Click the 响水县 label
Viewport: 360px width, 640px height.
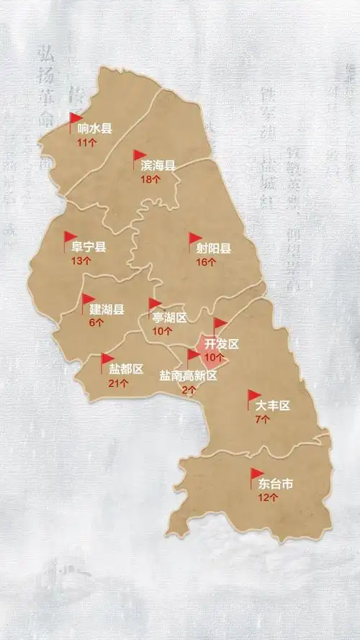(95, 130)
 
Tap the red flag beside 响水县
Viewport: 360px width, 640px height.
(75, 119)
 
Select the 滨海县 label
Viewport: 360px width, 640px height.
(158, 166)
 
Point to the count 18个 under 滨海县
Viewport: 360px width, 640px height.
(150, 179)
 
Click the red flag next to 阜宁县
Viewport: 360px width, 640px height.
(69, 238)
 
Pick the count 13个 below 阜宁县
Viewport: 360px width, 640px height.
(81, 261)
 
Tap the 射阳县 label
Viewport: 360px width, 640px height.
(214, 249)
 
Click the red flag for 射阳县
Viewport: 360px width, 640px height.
(194, 239)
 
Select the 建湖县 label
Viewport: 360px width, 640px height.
(107, 310)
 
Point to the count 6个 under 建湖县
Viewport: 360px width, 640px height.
(96, 323)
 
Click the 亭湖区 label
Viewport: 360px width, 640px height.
(169, 317)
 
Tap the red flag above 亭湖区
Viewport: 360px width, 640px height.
(154, 304)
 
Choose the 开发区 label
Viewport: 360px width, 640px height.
(222, 344)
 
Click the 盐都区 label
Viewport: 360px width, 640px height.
(126, 369)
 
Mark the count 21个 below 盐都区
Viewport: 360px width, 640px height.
(118, 383)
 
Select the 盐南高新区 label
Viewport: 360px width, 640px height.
(187, 375)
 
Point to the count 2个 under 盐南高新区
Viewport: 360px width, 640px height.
(189, 389)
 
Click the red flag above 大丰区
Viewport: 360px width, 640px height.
(253, 395)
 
